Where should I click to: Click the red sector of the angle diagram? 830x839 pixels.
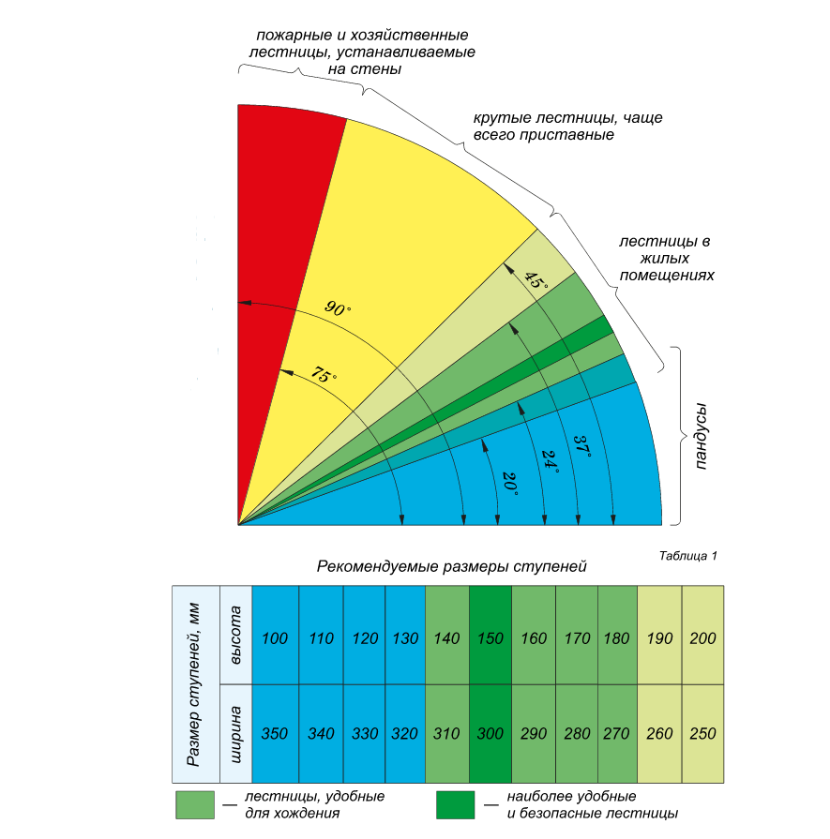[277, 234]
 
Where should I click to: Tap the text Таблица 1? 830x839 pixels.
[688, 556]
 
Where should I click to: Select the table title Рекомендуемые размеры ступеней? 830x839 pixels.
[451, 566]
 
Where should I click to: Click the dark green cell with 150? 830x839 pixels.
[491, 638]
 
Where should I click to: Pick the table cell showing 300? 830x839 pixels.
[491, 733]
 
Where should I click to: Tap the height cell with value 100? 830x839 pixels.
[276, 638]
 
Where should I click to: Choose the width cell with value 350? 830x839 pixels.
[276, 733]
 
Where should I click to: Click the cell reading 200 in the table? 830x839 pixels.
[702, 638]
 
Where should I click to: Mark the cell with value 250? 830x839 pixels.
[702, 733]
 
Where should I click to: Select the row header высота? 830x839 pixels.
[236, 636]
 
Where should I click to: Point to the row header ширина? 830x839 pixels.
[236, 733]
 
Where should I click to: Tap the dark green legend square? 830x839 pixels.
[454, 804]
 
